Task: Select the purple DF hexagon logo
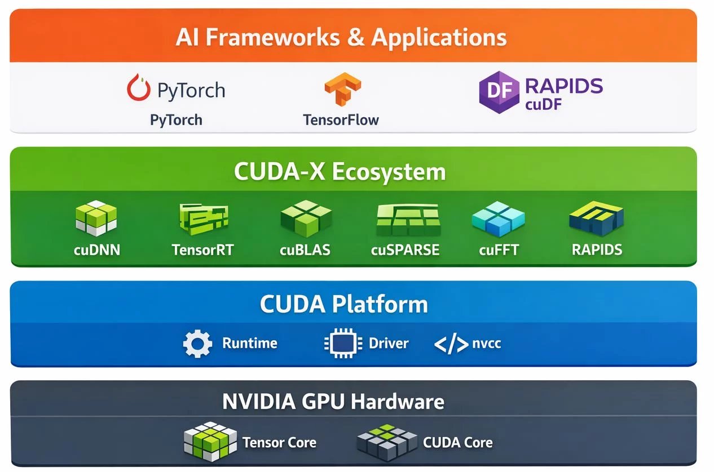499,91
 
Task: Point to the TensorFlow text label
341,120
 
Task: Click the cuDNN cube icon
96,219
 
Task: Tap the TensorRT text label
202,250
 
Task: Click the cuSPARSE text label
405,250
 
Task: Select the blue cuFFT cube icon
497,219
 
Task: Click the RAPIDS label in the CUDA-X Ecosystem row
597,250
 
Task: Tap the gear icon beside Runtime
197,344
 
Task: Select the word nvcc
486,344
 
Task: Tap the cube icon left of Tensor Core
210,441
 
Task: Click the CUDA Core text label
457,443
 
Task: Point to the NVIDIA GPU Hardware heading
333,402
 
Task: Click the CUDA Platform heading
343,304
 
